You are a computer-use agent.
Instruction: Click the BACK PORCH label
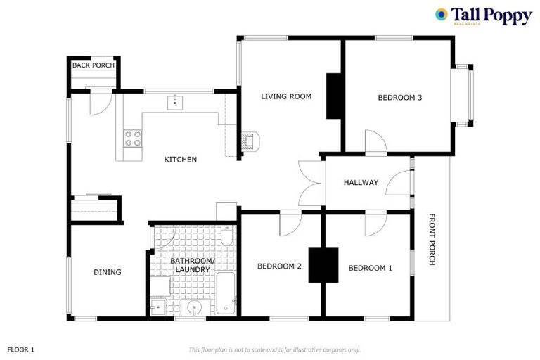pyautogui.click(x=94, y=65)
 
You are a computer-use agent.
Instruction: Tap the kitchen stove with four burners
pyautogui.click(x=132, y=139)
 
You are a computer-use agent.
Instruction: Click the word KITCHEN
pyautogui.click(x=181, y=160)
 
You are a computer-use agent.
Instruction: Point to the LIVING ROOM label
pyautogui.click(x=286, y=96)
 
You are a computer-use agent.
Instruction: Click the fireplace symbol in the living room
pyautogui.click(x=250, y=141)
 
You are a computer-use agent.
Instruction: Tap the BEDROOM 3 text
pyautogui.click(x=399, y=98)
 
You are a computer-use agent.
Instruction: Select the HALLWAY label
pyautogui.click(x=361, y=183)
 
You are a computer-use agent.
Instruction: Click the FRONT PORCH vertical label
pyautogui.click(x=432, y=240)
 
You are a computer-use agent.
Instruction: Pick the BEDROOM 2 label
pyautogui.click(x=279, y=266)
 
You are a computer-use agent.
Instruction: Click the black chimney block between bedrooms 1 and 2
pyautogui.click(x=323, y=265)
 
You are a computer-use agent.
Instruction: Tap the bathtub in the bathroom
pyautogui.click(x=226, y=293)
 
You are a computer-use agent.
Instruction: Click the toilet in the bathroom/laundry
pyautogui.click(x=226, y=237)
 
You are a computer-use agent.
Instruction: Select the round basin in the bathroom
pyautogui.click(x=190, y=308)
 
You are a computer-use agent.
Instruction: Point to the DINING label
pyautogui.click(x=108, y=272)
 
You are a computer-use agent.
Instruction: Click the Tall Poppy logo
pyautogui.click(x=484, y=16)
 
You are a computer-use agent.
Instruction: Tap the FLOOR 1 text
pyautogui.click(x=21, y=349)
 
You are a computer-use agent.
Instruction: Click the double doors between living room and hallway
pyautogui.click(x=310, y=184)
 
